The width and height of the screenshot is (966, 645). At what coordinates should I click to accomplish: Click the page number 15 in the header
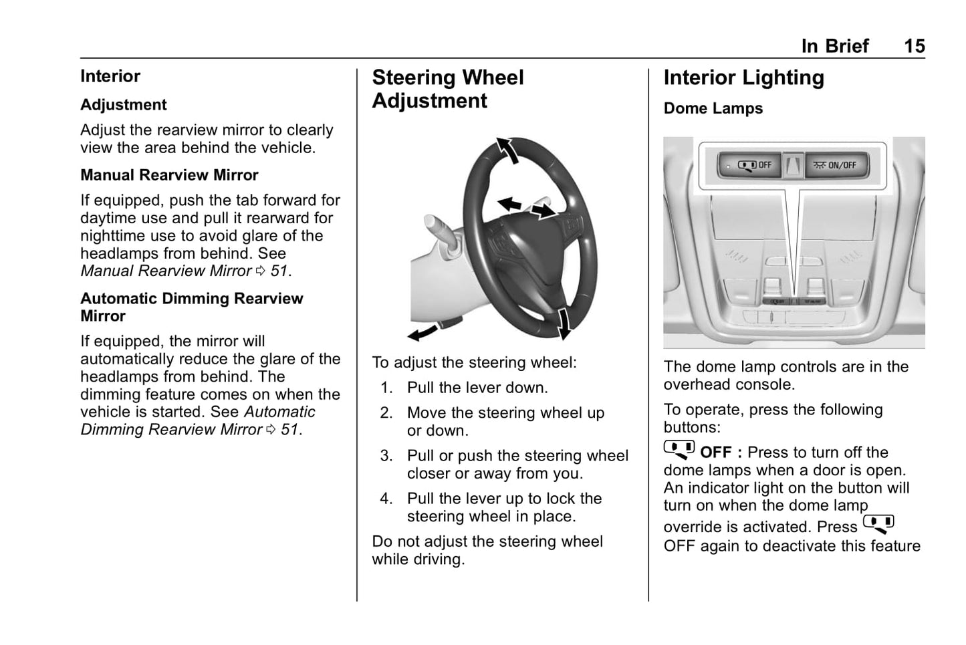pos(914,46)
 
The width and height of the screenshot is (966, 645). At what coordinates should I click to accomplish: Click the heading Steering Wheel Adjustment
pos(447,89)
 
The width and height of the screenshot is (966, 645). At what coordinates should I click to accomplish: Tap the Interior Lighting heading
pos(743,78)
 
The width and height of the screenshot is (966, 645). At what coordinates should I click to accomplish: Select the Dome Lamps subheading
pos(713,108)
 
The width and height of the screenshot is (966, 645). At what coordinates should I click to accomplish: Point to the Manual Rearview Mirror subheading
pos(169,175)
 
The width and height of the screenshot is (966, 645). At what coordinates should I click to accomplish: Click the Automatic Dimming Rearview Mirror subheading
pos(191,307)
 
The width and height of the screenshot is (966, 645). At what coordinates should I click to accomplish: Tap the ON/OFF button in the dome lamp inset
pos(836,165)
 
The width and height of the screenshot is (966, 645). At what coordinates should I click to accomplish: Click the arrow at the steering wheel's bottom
pos(565,324)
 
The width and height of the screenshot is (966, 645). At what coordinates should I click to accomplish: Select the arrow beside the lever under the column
pos(422,332)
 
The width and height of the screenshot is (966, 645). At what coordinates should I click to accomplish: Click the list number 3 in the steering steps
pos(386,456)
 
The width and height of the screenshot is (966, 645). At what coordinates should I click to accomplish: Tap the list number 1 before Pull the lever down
pos(386,388)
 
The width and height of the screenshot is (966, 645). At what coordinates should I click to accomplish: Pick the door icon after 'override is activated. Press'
pos(878,525)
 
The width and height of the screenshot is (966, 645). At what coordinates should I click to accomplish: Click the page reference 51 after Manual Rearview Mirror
pos(279,271)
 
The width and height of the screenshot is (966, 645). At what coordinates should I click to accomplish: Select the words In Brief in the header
pos(834,46)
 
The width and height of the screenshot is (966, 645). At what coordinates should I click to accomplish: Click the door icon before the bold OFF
pos(679,450)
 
